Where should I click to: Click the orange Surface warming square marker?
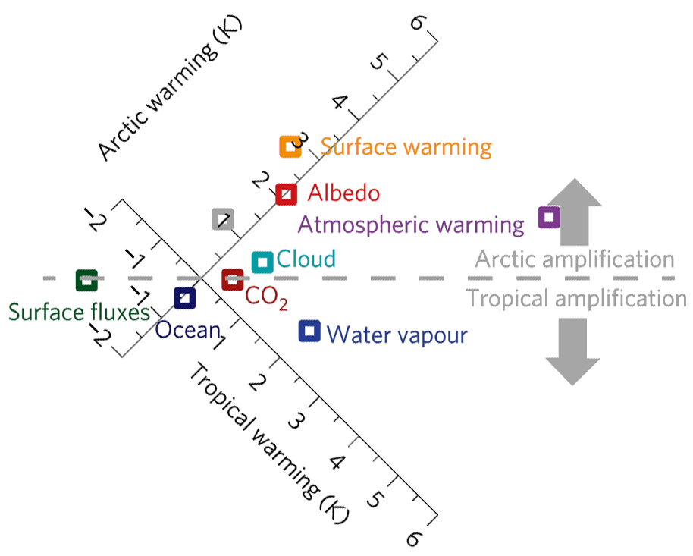pos(290,146)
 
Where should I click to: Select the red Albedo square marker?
pos(286,194)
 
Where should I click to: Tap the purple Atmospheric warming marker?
pos(548,218)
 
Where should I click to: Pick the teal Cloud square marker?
pos(262,262)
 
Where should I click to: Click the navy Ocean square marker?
pos(184,298)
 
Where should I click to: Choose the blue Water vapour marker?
pos(309,331)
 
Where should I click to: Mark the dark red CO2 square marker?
pos(232,280)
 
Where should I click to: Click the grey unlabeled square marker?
pos(222,219)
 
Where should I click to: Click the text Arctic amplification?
pos(574,259)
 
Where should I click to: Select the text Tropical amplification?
pos(576,298)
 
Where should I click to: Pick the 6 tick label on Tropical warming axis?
pos(412,539)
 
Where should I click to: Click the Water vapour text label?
pos(397,335)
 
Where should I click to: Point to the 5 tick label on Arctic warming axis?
pos(378,61)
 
